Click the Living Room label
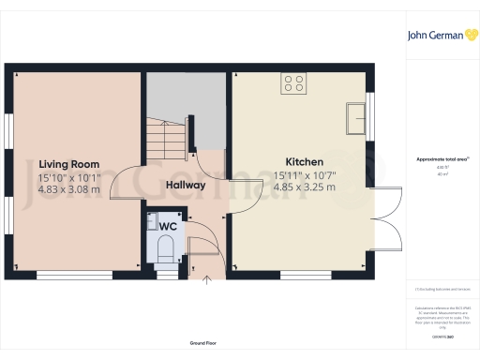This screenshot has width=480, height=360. [69, 164]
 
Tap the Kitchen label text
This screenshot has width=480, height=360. [305, 161]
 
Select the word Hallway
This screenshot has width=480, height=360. [186, 186]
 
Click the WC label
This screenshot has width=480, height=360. [168, 227]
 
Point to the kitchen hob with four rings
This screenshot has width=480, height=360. [292, 85]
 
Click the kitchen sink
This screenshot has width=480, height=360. [356, 117]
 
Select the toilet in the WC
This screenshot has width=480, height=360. [166, 249]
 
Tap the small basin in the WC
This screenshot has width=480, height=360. [153, 223]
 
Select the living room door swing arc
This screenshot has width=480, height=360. [125, 187]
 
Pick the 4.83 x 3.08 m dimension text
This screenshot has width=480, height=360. [69, 188]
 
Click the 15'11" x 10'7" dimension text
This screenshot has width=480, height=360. [305, 175]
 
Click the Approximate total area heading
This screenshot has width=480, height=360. [442, 160]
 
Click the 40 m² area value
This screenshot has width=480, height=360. [442, 174]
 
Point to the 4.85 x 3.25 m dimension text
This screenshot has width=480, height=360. [305, 187]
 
